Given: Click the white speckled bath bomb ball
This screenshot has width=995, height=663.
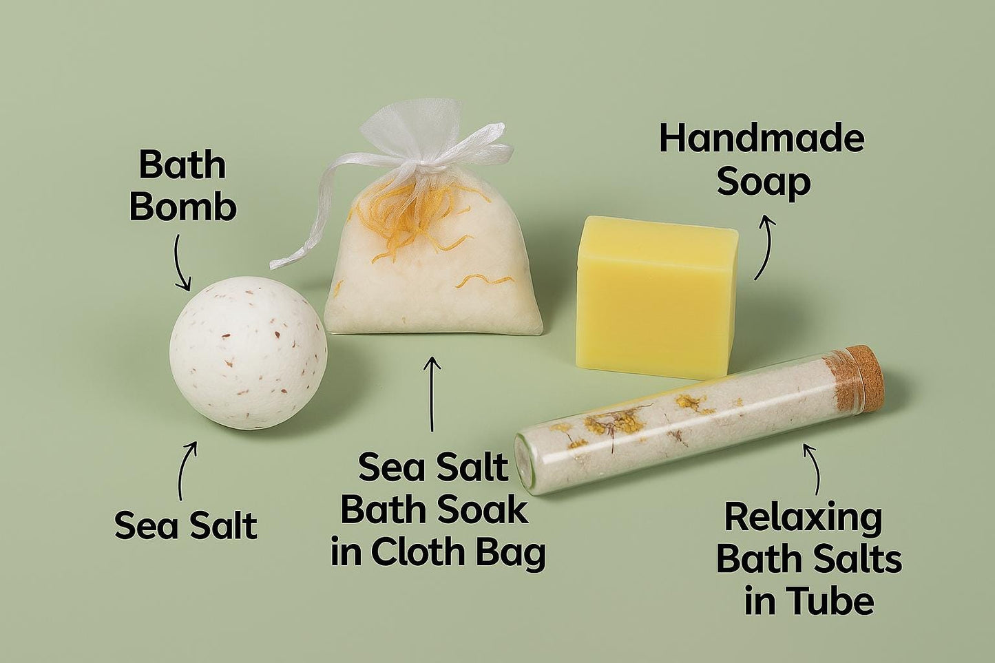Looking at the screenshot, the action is point(249,353).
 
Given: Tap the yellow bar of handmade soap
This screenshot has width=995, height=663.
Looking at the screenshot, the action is point(656,297).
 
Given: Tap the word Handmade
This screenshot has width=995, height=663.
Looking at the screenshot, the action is point(762,139).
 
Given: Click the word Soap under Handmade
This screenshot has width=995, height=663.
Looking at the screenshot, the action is point(764,182).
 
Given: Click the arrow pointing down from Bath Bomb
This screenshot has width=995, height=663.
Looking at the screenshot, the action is point(182,263).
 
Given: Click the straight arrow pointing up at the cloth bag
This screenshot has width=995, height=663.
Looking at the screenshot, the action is point(432,394).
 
